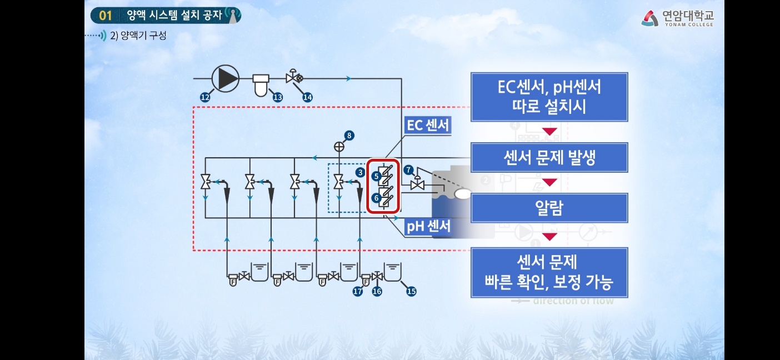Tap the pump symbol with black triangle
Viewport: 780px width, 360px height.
click(x=225, y=78)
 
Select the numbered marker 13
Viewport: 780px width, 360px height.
click(x=277, y=97)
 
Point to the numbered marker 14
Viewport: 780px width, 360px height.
click(x=307, y=97)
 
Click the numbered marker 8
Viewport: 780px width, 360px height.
click(x=349, y=135)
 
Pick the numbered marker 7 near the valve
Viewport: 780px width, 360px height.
click(x=408, y=169)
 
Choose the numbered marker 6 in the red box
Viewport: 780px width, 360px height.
click(x=376, y=197)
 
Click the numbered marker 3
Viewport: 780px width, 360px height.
click(x=360, y=172)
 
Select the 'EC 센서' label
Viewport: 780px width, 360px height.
click(x=428, y=125)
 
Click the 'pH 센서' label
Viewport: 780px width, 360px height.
click(x=428, y=226)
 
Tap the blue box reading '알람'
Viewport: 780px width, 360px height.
click(x=549, y=208)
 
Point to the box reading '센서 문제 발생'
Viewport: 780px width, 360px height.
click(x=549, y=157)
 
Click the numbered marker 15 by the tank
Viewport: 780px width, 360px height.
click(x=411, y=291)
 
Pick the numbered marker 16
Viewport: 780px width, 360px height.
click(x=377, y=291)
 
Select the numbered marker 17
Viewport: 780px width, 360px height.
click(x=358, y=291)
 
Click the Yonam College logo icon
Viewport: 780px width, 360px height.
click(x=649, y=19)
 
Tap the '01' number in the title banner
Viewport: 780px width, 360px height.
click(x=106, y=15)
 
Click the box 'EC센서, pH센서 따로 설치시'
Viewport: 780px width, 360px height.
click(x=549, y=97)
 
